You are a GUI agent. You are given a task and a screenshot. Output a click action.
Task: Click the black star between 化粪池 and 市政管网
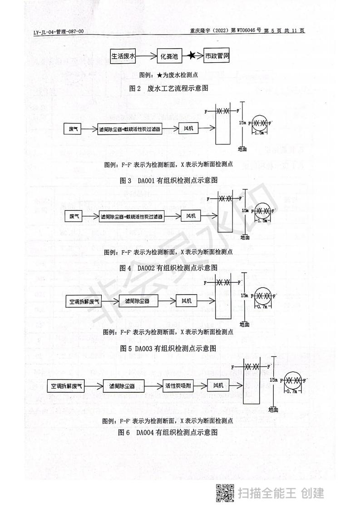[x=192, y=56]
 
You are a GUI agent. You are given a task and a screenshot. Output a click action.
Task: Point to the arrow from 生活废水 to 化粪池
[x=147, y=56]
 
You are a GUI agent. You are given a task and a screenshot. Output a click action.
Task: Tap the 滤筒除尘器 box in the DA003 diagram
[x=138, y=301]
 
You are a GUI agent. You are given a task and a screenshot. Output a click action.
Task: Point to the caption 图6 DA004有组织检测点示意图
[x=168, y=432]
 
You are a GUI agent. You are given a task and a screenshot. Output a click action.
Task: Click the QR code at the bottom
[x=224, y=493]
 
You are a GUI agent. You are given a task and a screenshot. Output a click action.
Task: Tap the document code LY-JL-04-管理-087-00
[x=58, y=31]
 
